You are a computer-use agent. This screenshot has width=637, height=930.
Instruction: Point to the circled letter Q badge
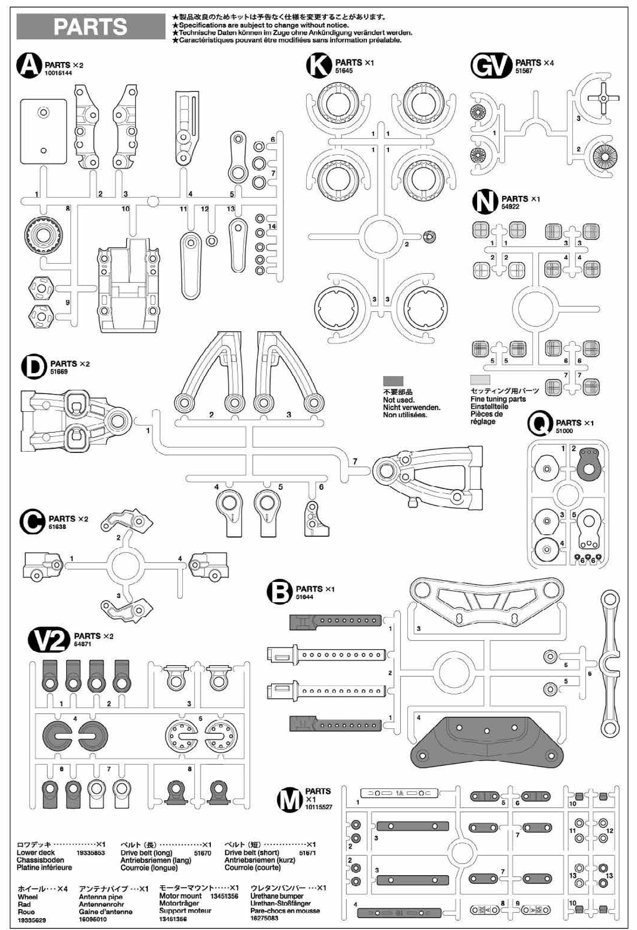pos(541,424)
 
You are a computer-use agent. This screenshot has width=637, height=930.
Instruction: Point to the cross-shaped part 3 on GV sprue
pos(603,98)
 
